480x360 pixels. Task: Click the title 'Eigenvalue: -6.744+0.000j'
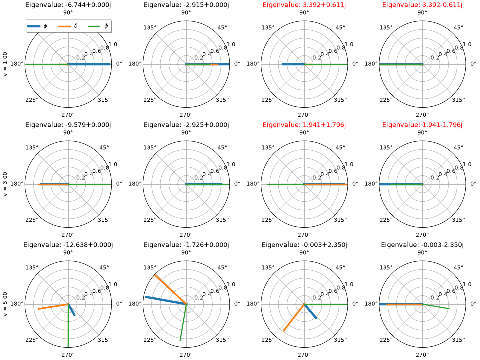(68, 5)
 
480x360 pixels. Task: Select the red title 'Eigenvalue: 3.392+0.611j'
(304, 5)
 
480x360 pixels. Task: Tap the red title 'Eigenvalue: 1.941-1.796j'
(422, 125)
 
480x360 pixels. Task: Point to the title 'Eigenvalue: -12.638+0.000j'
(68, 245)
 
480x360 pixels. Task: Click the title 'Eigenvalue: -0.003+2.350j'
(304, 245)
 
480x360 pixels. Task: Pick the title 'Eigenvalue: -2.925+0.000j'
(186, 125)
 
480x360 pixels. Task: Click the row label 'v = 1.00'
(5, 64)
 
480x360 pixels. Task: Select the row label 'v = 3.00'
(5, 184)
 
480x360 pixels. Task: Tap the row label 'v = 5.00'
(5, 304)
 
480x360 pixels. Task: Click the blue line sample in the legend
(34, 26)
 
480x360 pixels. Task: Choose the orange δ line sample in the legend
(64, 26)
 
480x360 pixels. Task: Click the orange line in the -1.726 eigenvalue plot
(171, 290)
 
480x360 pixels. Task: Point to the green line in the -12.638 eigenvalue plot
(68, 326)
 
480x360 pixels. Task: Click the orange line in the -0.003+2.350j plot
(294, 318)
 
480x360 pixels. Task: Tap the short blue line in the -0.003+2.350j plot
(310, 311)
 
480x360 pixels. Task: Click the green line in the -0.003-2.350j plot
(436, 306)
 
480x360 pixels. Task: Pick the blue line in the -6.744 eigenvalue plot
(89, 64)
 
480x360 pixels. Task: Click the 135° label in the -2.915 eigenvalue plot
(150, 28)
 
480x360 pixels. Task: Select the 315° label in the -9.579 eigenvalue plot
(104, 220)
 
